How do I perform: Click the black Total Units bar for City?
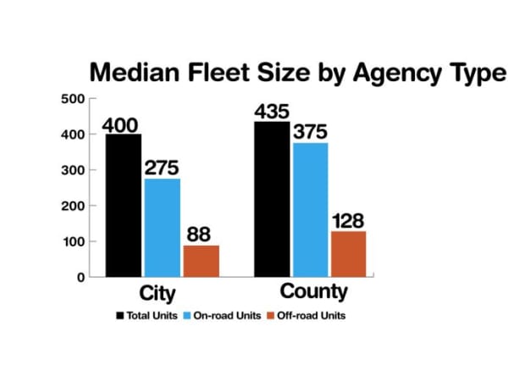124,205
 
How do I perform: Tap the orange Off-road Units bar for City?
201,261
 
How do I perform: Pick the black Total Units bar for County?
272,199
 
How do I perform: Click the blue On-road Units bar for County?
310,209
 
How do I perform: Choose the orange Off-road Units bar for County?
348,253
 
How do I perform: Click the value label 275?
162,168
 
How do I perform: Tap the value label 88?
200,235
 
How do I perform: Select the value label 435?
272,112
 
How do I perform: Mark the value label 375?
310,132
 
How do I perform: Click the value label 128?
348,220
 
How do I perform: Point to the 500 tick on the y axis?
75,99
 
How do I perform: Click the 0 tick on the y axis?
81,277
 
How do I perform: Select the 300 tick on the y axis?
75,170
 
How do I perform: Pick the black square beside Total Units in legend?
119,316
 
